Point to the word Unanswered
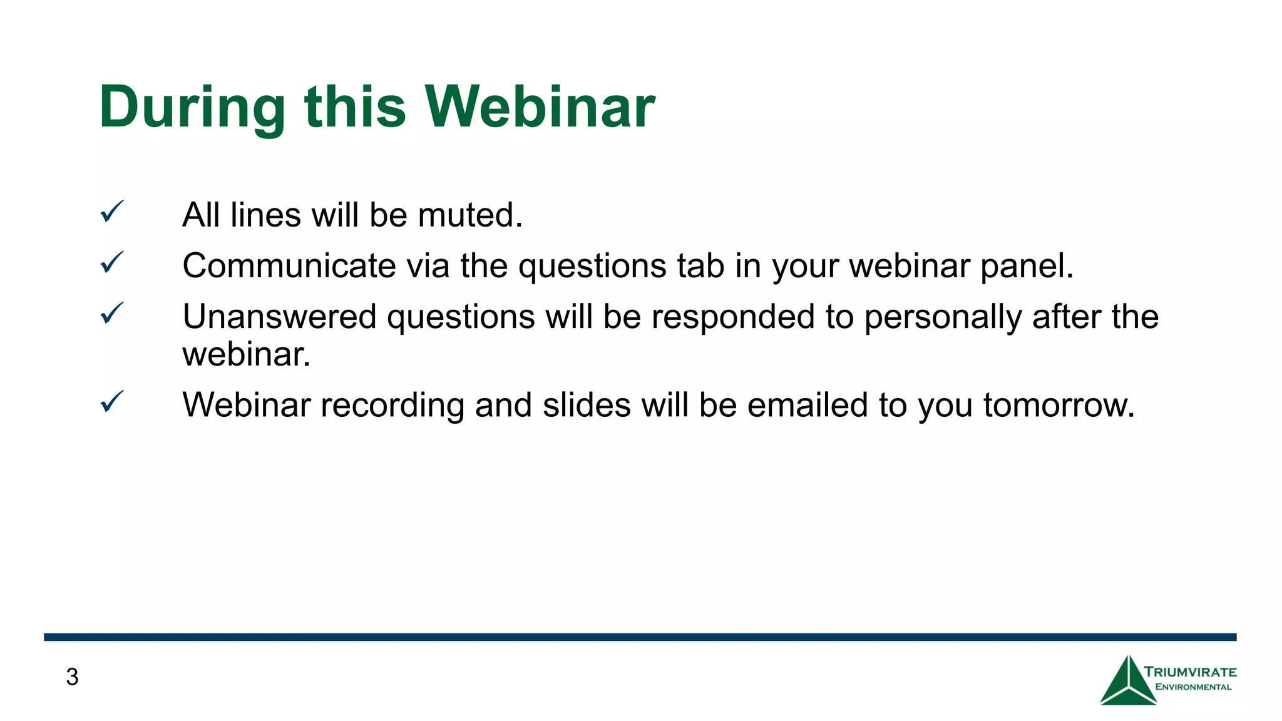pos(279,317)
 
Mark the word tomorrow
pos(1059,406)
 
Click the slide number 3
pos(72,677)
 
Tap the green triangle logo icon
pos(1127,683)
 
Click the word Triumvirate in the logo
pos(1191,673)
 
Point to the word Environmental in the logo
pos(1193,687)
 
